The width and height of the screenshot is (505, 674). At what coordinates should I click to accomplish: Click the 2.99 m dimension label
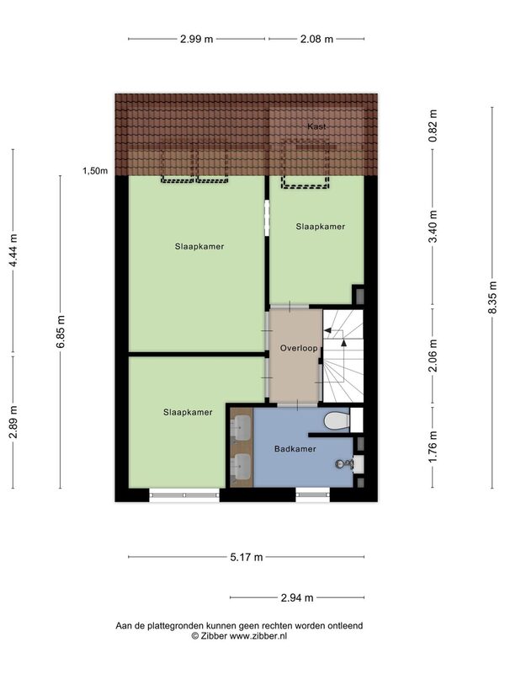point(196,39)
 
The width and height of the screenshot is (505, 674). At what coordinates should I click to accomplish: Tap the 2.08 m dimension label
point(316,39)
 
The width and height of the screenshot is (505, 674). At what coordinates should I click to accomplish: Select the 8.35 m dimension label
point(492,297)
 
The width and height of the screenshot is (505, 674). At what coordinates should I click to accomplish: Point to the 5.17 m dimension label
point(246,558)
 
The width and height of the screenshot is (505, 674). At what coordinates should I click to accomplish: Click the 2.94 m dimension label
point(297,598)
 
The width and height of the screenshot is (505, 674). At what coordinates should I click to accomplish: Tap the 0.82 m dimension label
point(433,126)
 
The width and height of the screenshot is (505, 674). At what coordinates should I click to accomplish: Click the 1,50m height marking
point(95,171)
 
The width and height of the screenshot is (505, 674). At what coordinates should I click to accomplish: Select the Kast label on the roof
point(316,126)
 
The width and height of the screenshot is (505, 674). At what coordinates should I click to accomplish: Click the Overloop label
point(299,348)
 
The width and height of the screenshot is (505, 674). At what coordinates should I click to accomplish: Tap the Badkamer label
point(295,449)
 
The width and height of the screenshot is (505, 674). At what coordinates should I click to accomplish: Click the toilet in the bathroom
point(336,420)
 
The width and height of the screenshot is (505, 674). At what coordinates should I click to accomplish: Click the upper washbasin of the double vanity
point(242,428)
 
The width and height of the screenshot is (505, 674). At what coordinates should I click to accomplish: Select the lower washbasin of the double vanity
point(242,467)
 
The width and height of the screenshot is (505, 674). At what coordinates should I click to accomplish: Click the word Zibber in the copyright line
point(214,636)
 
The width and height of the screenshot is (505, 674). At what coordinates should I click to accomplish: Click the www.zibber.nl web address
point(258,636)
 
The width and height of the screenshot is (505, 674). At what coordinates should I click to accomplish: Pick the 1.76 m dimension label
point(433,447)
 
